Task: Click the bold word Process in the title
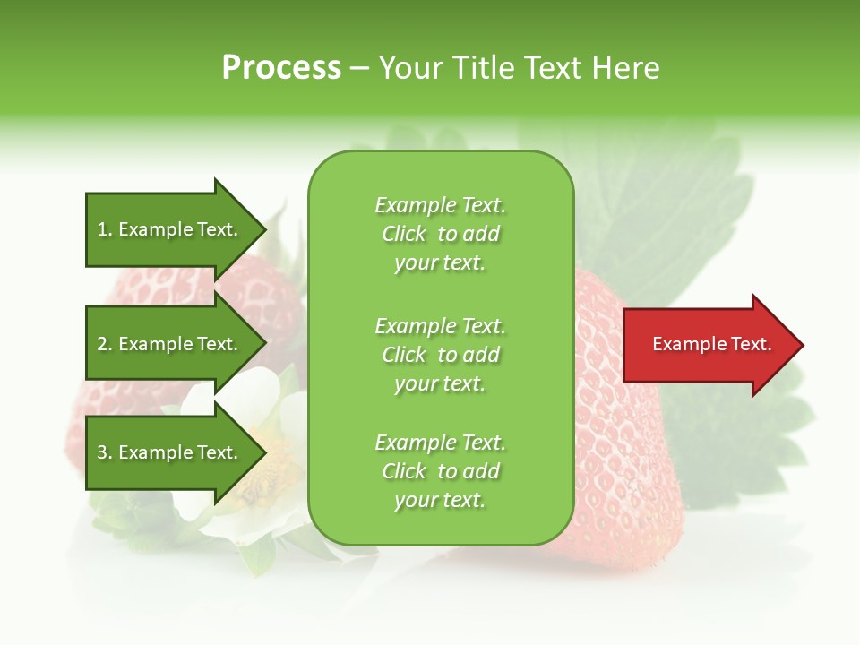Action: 281,68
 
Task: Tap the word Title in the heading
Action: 484,68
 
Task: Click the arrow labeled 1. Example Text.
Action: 168,229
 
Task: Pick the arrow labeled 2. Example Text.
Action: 168,344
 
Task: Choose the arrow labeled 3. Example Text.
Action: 168,452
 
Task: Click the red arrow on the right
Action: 708,345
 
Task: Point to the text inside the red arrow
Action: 711,344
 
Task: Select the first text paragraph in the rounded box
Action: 440,234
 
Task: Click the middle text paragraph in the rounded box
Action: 440,355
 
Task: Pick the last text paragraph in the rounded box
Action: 440,471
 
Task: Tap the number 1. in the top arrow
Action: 105,229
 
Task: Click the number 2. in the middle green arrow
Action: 105,344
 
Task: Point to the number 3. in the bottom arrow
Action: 105,452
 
